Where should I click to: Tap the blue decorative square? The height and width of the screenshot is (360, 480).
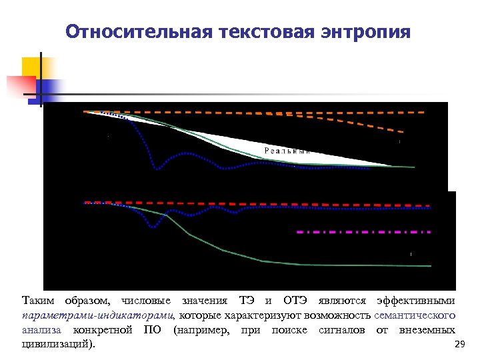click(x=49, y=89)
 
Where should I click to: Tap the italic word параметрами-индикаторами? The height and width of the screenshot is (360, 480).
click(x=99, y=315)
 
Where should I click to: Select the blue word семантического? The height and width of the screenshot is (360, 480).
click(x=415, y=315)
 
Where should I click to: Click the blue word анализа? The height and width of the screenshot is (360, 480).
click(x=41, y=330)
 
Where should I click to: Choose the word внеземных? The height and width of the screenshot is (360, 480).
click(x=427, y=330)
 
